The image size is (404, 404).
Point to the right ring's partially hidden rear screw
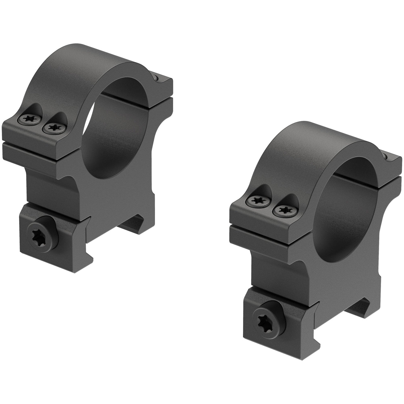(385, 156)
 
